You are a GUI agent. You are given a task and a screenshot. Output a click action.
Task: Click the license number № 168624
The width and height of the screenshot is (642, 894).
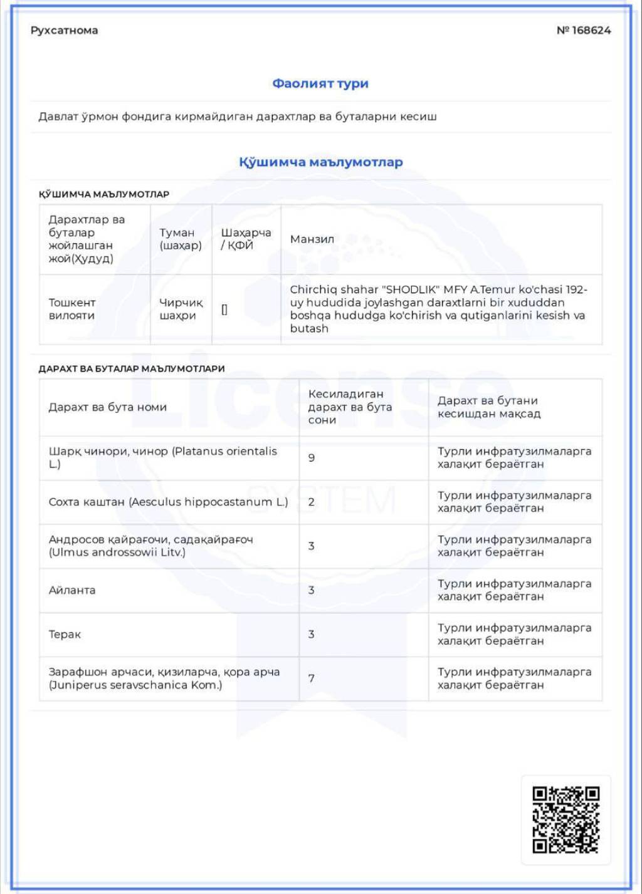point(583,30)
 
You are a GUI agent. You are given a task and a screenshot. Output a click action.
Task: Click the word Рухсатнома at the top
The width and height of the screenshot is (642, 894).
point(64,30)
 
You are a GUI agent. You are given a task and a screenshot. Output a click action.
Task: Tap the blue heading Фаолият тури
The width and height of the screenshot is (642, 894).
point(320,83)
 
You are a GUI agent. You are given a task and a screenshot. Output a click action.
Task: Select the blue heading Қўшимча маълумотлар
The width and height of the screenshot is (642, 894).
point(320,162)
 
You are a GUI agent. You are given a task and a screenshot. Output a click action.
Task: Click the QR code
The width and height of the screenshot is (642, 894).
point(566,819)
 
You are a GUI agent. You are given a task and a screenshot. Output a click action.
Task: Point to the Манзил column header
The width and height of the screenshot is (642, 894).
point(312,239)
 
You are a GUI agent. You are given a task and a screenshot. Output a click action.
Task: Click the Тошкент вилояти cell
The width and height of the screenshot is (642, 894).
point(72,309)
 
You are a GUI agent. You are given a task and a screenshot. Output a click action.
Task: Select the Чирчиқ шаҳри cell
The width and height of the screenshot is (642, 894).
point(181,309)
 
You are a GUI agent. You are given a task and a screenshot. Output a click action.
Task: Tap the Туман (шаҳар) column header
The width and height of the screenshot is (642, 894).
point(181,239)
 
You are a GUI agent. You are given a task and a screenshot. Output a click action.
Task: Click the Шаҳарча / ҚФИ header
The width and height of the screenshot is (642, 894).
point(246,239)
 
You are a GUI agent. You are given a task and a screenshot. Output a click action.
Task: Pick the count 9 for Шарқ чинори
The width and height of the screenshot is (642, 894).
point(312,458)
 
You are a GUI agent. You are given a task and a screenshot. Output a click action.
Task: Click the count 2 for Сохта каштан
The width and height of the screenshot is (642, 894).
point(312,502)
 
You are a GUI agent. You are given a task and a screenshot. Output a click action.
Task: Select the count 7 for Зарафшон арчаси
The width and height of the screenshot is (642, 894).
point(312,678)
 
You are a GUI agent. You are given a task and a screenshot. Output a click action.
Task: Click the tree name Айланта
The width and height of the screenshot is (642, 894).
point(72,590)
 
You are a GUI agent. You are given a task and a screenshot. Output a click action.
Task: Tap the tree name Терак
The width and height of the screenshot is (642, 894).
point(65,634)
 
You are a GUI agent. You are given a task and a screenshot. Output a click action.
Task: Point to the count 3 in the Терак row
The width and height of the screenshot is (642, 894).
point(312,634)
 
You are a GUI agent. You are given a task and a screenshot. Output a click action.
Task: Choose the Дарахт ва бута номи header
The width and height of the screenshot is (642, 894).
point(108,407)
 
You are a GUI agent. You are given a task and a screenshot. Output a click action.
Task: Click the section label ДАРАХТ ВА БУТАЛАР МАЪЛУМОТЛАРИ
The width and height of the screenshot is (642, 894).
point(132,368)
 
